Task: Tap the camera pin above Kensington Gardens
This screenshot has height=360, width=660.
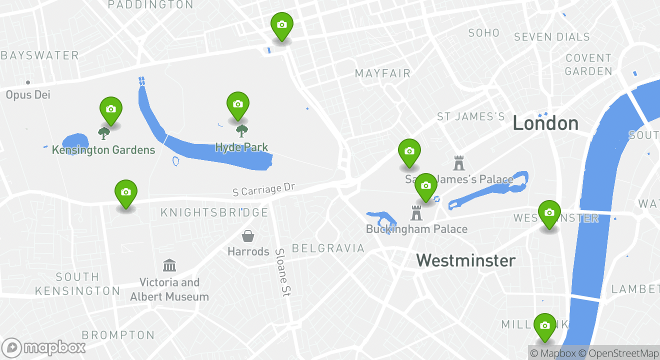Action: pos(111,109)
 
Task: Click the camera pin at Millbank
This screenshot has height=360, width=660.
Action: pos(545,326)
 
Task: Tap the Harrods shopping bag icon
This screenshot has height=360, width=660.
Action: pos(248,235)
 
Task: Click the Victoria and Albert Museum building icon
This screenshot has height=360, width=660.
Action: pos(169,265)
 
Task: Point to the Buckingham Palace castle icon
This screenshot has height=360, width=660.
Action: pos(416,212)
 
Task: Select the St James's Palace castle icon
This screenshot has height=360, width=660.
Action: pos(458,162)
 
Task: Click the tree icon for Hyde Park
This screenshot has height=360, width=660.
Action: pos(242,131)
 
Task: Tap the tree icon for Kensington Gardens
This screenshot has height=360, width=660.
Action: pos(104,133)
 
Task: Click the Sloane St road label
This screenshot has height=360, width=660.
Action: pos(283,272)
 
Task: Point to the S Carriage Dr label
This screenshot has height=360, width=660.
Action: pos(264,189)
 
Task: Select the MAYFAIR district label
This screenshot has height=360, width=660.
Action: pos(382,73)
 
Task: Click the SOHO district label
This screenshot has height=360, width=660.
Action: pos(483,33)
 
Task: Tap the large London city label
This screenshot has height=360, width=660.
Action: pos(545,123)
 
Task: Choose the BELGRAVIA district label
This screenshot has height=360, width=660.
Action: pos(328,248)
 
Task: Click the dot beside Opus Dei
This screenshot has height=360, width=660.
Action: pos(28,82)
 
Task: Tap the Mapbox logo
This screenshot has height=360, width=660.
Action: pos(44,347)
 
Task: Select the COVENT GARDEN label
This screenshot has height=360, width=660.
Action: pos(588,64)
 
